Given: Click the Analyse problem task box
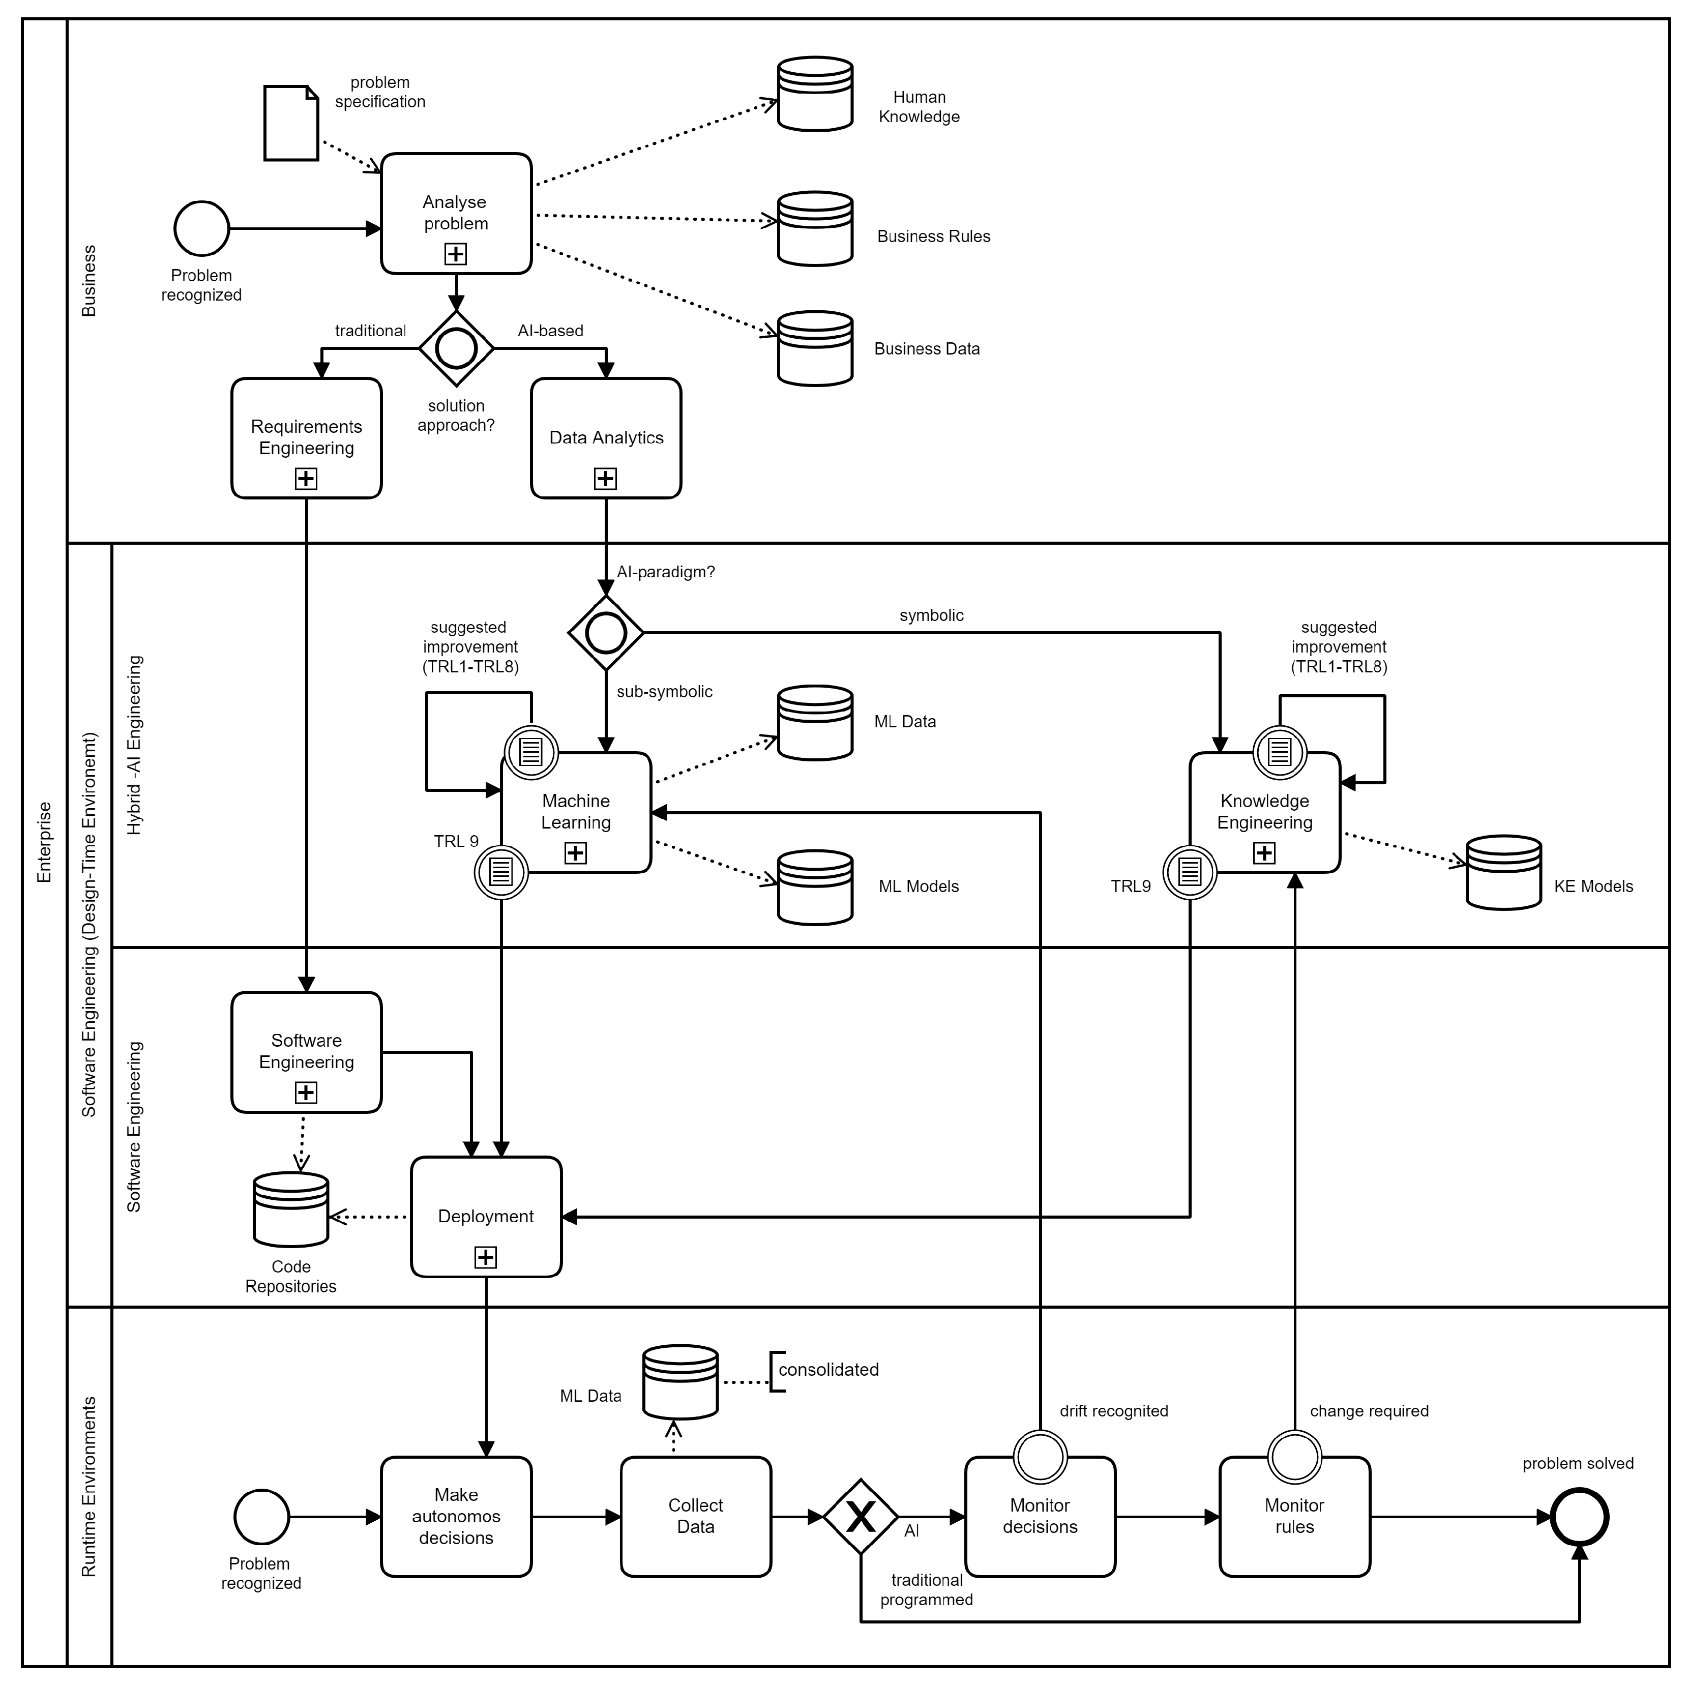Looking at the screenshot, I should [456, 213].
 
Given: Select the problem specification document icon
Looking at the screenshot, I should [291, 123].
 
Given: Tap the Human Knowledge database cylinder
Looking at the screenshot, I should [815, 94].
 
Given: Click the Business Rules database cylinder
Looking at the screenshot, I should [815, 229].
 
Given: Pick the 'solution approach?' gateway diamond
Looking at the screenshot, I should [456, 348].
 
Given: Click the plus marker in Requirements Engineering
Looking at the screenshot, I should [306, 479].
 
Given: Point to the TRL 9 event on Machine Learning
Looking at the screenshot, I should [500, 871].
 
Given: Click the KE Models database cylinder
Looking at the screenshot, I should [1503, 873].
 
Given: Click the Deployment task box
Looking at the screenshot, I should [486, 1216].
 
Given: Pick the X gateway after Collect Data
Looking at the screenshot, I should [860, 1516].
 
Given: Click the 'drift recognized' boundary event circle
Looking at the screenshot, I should [1040, 1457].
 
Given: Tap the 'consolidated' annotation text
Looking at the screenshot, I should [828, 1370].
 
